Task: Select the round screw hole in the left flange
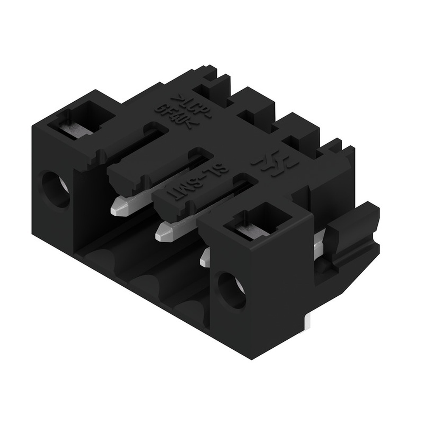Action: (x=56, y=189)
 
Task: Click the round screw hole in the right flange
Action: (x=231, y=290)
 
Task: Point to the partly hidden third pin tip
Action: (x=205, y=257)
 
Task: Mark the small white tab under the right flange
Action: (x=309, y=322)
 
